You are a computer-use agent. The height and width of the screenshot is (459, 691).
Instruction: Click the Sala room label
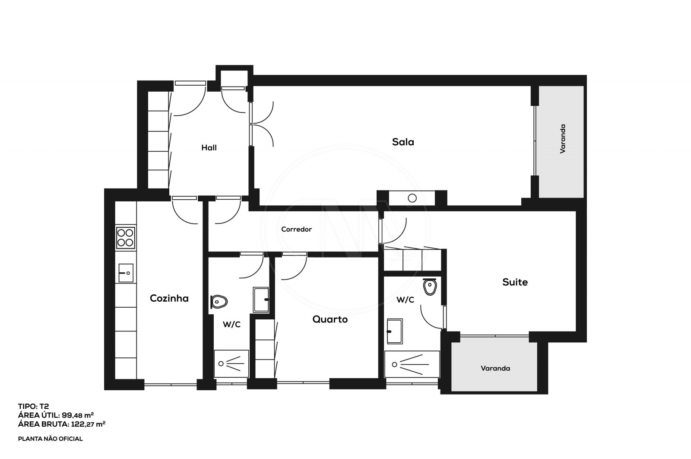point(403,142)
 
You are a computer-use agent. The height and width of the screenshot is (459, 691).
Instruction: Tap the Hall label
point(209,148)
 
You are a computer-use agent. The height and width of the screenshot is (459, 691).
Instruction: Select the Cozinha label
point(169,298)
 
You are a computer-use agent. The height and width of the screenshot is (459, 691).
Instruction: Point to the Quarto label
point(330,319)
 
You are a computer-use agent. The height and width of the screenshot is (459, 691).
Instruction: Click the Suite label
point(515,282)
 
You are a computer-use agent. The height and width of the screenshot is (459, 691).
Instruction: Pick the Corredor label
point(296,229)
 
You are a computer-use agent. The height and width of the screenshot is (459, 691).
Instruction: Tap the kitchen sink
point(125,273)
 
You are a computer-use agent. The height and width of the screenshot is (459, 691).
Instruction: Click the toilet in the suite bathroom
point(430,287)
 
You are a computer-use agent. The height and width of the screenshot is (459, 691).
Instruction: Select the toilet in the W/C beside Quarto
point(219,301)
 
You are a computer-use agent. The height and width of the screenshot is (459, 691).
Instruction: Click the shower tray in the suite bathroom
point(412,364)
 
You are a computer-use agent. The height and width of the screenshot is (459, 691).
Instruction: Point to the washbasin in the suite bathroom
point(394,331)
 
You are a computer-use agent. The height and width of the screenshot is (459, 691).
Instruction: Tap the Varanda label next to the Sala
point(563,139)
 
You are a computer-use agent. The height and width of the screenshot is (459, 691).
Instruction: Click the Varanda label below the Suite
point(495,368)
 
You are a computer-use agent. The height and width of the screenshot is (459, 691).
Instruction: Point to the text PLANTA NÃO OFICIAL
point(50,439)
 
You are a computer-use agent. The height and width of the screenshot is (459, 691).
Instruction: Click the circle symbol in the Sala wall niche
point(412,198)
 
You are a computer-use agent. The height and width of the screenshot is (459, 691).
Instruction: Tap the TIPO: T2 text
point(34,406)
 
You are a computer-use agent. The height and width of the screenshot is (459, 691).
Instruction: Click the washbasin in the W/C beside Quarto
point(261,300)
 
